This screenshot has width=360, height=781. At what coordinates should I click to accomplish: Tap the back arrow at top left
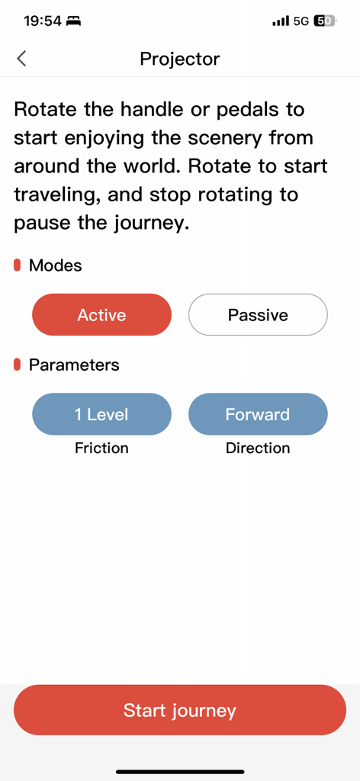[21, 59]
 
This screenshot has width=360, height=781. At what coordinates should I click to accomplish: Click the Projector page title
[180, 59]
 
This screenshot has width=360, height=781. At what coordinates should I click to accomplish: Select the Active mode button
[101, 315]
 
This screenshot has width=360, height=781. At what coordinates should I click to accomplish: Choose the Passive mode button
[258, 315]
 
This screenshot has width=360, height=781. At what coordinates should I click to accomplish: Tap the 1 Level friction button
[101, 414]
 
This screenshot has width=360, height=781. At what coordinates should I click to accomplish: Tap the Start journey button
[180, 710]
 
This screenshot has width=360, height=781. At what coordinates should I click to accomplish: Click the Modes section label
[55, 265]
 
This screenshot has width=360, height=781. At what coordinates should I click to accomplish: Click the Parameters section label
[74, 365]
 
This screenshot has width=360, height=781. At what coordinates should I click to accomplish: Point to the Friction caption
[101, 448]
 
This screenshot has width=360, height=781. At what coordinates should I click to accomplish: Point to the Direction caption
[258, 448]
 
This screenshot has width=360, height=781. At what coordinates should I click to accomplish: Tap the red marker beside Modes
[18, 265]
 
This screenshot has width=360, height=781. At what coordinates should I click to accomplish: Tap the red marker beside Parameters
[18, 365]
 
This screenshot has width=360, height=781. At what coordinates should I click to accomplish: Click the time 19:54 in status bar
[42, 21]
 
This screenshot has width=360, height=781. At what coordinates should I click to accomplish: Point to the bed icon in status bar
[74, 21]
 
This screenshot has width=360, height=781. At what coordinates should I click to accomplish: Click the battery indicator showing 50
[325, 21]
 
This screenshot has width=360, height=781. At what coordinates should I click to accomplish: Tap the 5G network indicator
[301, 21]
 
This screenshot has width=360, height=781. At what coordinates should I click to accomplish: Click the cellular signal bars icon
[280, 21]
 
